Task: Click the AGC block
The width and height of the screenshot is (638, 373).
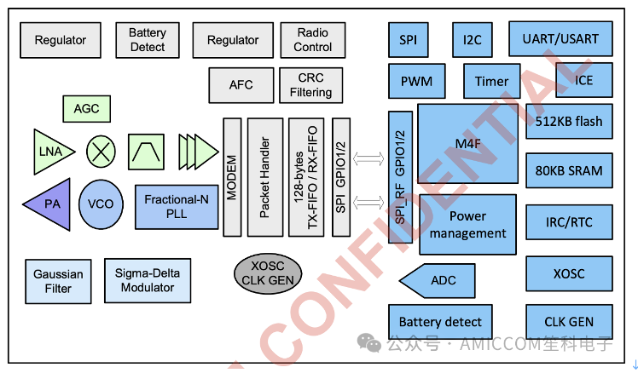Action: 86,108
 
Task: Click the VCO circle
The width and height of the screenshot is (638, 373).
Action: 101,204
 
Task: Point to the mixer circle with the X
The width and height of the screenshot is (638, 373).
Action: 101,152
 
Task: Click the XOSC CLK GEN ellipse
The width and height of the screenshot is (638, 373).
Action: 269,273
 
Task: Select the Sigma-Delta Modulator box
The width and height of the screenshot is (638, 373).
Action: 148,281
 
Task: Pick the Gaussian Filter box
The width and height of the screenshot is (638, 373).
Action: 58,281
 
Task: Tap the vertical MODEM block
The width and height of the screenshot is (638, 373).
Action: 232,176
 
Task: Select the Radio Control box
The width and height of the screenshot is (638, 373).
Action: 312,39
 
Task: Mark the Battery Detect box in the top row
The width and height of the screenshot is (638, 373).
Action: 148,39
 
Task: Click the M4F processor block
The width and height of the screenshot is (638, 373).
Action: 467,143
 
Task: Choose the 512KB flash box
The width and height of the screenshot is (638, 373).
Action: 568,121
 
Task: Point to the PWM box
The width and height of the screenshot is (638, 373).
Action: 416,82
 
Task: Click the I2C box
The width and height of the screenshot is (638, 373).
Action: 472,39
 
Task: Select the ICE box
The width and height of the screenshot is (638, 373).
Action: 584,81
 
